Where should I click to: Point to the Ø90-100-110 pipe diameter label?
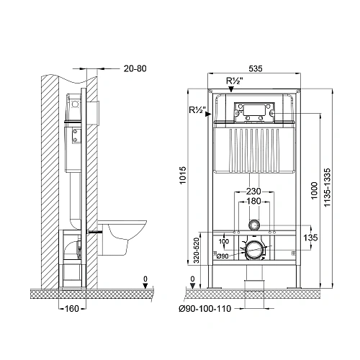[205, 310]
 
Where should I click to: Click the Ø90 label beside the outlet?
[223, 256]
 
